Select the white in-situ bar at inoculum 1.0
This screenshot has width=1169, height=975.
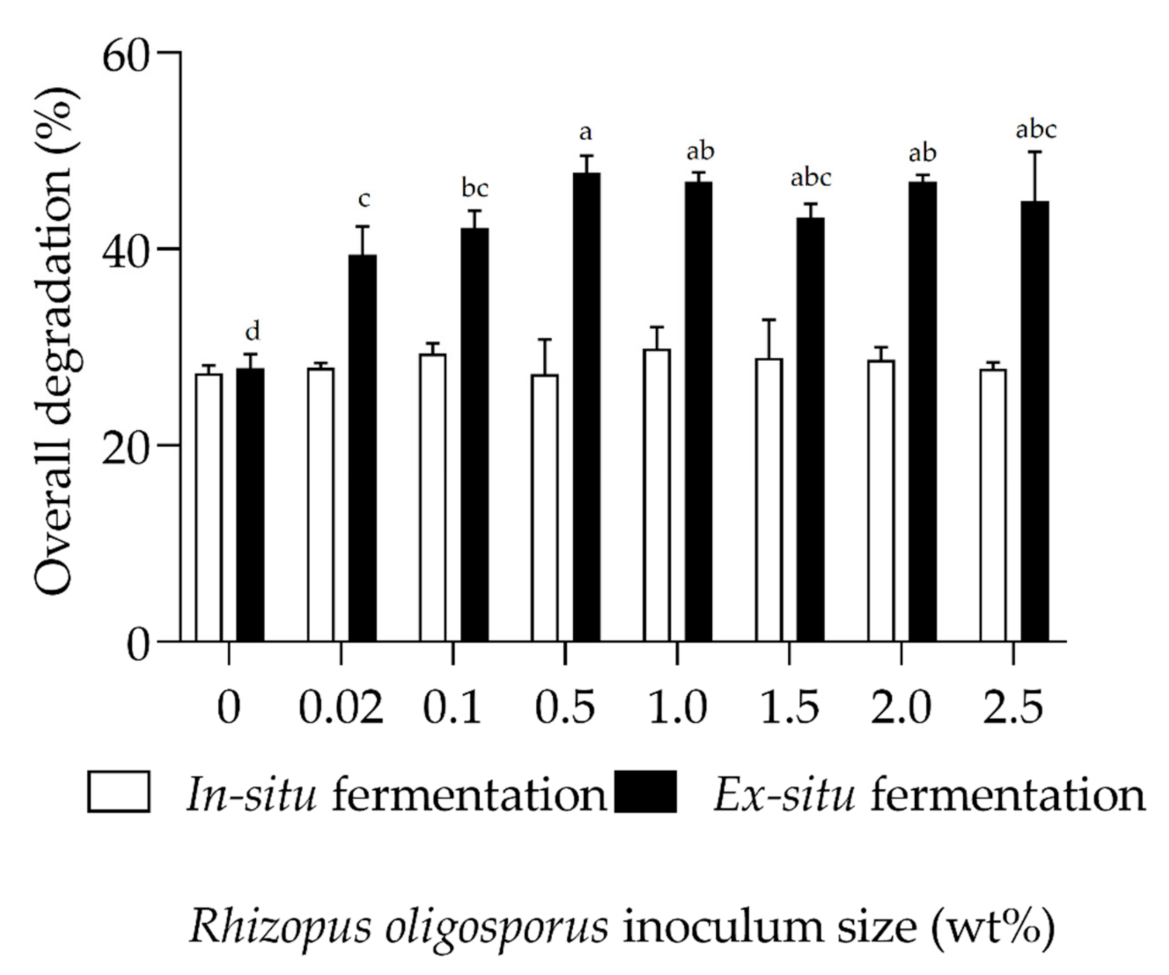tap(657, 495)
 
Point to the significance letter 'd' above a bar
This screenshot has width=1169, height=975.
tap(252, 332)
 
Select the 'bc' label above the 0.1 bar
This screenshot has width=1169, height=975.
tap(475, 189)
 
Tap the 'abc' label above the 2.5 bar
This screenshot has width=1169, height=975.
tap(1035, 130)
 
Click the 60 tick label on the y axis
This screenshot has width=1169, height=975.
tap(127, 58)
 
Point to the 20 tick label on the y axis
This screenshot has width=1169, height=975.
tap(127, 447)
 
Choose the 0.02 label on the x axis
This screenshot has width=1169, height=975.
tap(341, 708)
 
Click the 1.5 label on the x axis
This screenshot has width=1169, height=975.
tap(789, 708)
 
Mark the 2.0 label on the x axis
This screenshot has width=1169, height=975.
tap(901, 708)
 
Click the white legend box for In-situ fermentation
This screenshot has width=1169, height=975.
tap(119, 792)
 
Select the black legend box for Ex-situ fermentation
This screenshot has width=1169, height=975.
tap(646, 792)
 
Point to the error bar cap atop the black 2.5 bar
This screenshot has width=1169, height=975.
tap(1035, 152)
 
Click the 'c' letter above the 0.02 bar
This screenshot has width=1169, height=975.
tap(364, 200)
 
